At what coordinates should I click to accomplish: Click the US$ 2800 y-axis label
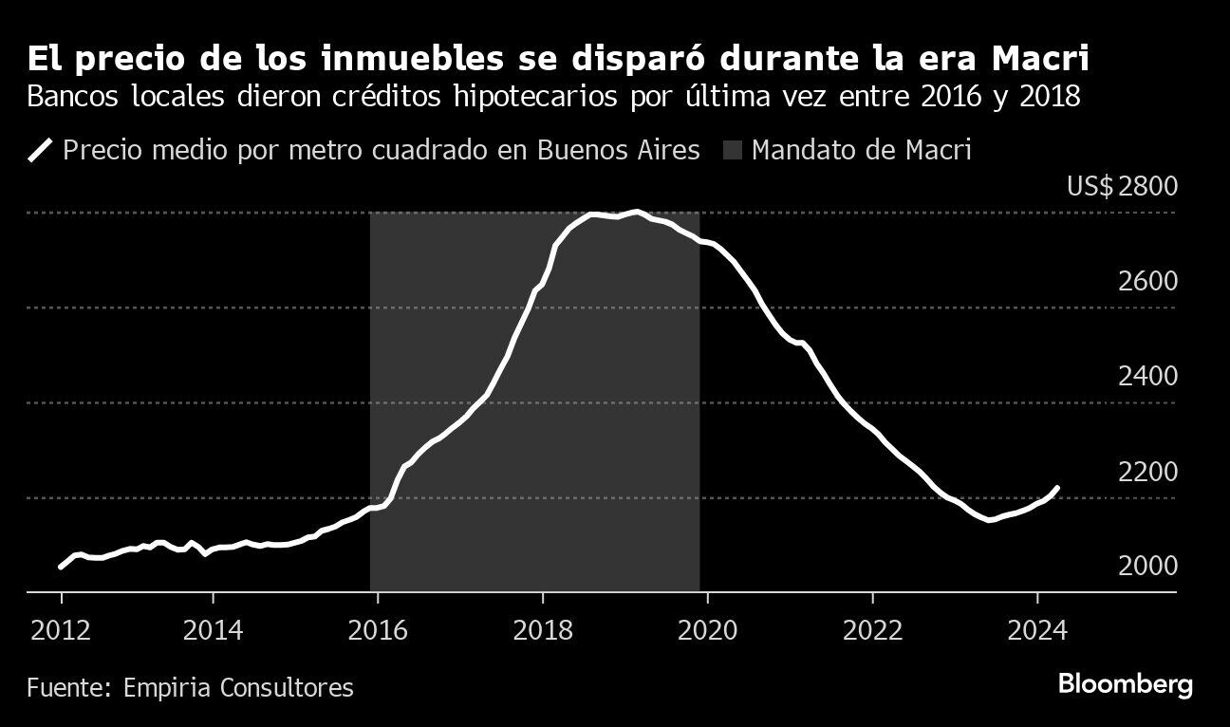1122,186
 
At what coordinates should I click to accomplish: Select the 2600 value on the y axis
1148,281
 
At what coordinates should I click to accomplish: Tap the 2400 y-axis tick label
1148,376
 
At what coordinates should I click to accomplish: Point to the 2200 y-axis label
1148,471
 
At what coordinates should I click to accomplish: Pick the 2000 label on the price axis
1148,566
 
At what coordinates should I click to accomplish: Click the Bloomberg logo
1125,685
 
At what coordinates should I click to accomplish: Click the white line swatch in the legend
41,150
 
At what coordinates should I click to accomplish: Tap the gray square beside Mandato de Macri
733,150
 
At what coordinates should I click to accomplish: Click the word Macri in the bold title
1039,59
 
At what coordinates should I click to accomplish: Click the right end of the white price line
1057,488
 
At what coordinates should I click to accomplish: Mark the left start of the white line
61,567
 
